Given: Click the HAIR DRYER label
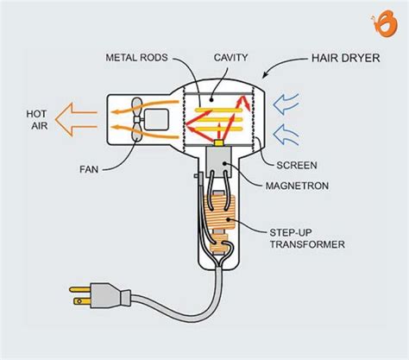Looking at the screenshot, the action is click(345, 58).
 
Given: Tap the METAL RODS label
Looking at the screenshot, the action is click(136, 58).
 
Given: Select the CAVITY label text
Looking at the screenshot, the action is click(230, 57).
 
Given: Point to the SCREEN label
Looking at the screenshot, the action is click(297, 165).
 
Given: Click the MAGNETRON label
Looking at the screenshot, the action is click(297, 186).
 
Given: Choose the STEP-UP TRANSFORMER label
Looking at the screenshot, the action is click(307, 238).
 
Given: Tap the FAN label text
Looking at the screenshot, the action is click(89, 169).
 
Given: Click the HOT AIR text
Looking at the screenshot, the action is click(37, 120).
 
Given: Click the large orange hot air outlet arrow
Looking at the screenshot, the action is click(75, 119).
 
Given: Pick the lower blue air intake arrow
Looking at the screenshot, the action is click(286, 135).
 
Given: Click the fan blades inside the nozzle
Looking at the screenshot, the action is click(136, 119).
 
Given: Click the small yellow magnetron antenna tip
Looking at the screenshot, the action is click(219, 142).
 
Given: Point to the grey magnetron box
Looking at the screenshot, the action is click(219, 161).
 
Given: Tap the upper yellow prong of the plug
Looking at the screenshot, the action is click(80, 289).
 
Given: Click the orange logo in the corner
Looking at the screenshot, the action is click(384, 23).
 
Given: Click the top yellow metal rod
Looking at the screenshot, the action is click(219, 110).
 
